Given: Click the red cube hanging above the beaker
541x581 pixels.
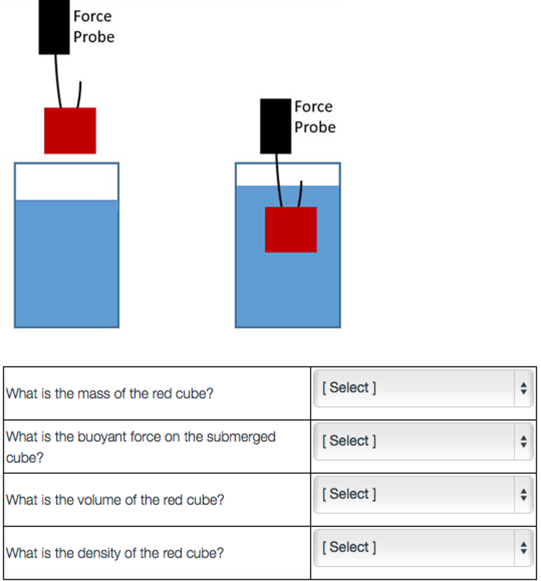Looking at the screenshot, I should [x=70, y=130].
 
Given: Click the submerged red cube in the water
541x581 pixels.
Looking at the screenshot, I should [x=291, y=229].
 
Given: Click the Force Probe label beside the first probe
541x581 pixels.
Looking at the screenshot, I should [x=93, y=26].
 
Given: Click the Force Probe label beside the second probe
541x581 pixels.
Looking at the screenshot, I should [x=314, y=117].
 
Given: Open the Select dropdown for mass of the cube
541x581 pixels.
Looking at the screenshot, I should [x=423, y=388].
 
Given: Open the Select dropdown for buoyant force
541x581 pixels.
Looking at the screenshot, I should [x=423, y=441].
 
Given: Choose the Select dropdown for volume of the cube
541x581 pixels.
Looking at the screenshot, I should [x=423, y=494].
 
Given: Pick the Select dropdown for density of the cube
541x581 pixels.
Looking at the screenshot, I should [x=423, y=548].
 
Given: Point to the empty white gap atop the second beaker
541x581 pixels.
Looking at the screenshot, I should [x=257, y=174].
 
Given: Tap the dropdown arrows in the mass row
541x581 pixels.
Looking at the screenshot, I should [x=524, y=388].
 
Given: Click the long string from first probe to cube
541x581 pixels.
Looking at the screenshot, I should [x=58, y=82].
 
